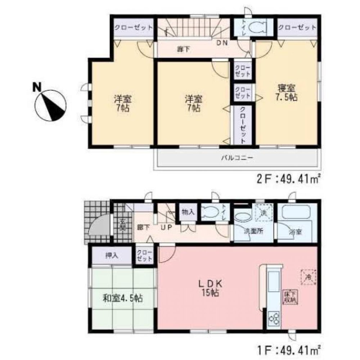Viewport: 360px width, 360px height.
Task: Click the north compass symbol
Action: click(50, 104)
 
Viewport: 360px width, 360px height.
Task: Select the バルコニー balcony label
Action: click(237, 158)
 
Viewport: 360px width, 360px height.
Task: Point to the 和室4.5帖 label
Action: click(123, 298)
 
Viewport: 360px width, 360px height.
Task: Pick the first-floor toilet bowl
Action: click(208, 212)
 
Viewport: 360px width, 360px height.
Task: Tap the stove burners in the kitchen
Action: click(274, 319)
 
